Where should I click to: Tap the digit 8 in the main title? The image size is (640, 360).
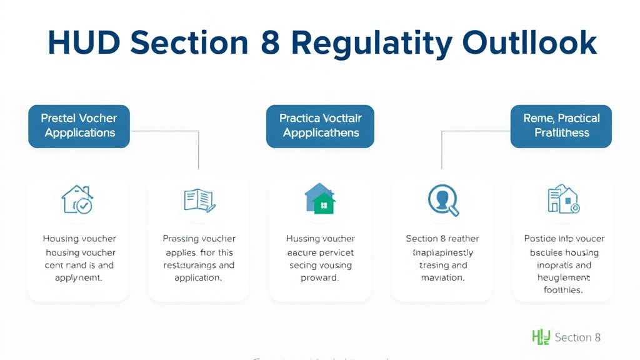pyautogui.click(x=271, y=42)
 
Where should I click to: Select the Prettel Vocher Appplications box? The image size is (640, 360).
pyautogui.click(x=79, y=126)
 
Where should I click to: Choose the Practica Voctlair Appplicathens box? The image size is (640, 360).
pyautogui.click(x=320, y=126)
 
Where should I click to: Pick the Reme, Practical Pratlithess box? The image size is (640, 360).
pyautogui.click(x=561, y=126)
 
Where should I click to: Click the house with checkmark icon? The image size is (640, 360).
pyautogui.click(x=77, y=199)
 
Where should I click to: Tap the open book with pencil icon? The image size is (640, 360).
pyautogui.click(x=199, y=200)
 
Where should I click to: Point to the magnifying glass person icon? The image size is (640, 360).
pyautogui.click(x=443, y=200)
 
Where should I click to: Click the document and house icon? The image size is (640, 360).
pyautogui.click(x=563, y=200)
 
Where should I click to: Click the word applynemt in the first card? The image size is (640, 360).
pyautogui.click(x=79, y=278)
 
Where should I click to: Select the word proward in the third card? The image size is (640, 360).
pyautogui.click(x=320, y=278)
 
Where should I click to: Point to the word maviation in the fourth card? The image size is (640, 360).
pyautogui.click(x=442, y=278)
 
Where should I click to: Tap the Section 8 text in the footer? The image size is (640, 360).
pyautogui.click(x=577, y=337)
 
